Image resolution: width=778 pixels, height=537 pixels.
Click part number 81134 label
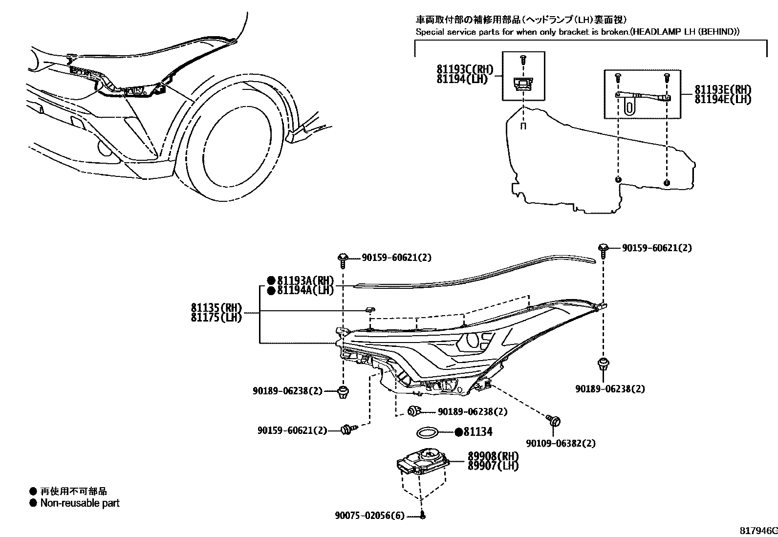pyautogui.click(x=477, y=432)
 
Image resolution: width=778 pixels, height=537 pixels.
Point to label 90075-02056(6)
pyautogui.click(x=370, y=516)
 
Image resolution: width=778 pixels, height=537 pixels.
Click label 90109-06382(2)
pyautogui.click(x=561, y=443)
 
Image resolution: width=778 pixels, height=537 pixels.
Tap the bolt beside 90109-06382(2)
pyautogui.click(x=554, y=420)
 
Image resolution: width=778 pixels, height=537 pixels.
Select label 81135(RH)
pyautogui.click(x=216, y=308)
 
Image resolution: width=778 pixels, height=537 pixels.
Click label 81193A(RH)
pyautogui.click(x=305, y=280)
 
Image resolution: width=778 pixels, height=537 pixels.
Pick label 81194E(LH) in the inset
pyautogui.click(x=723, y=99)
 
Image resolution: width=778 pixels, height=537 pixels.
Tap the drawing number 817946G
pyautogui.click(x=757, y=530)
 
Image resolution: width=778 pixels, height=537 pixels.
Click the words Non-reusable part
pyautogui.click(x=80, y=503)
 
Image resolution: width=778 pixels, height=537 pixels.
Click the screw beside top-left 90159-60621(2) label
pyautogui.click(x=343, y=259)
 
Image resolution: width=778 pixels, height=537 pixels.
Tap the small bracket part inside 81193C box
pyautogui.click(x=523, y=84)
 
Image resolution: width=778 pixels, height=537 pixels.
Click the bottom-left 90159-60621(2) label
pyautogui.click(x=292, y=430)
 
